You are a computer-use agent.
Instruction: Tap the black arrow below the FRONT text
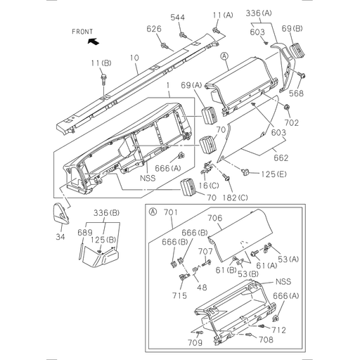coord(92,42)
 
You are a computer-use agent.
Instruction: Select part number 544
coord(179,17)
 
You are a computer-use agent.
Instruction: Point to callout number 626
coord(153,29)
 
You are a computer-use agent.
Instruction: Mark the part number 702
coord(292,122)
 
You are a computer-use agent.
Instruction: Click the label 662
coord(281,159)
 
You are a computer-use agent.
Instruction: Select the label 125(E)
coord(275,174)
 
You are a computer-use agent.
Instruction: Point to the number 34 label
coord(60,238)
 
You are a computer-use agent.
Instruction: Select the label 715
coord(180,296)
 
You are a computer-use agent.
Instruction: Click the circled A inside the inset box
coord(153,210)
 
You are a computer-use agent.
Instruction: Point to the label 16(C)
coord(207,184)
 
